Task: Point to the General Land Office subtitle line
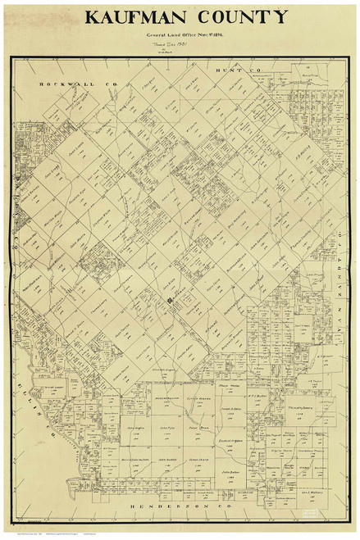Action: (x=180, y=37)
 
